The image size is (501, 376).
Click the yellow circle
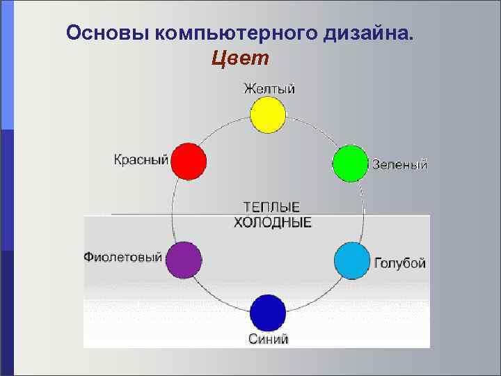(268, 115)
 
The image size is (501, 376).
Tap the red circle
(189, 162)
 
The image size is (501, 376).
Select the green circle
(349, 164)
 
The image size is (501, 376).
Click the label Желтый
(269, 88)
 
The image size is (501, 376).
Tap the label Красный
(141, 160)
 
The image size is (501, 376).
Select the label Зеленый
(400, 165)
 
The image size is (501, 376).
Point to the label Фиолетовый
(122, 257)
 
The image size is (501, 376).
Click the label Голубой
(399, 263)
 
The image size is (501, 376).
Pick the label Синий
(269, 339)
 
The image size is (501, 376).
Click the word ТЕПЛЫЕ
(271, 207)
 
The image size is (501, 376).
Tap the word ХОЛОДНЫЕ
(271, 223)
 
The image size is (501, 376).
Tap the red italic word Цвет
(239, 58)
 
